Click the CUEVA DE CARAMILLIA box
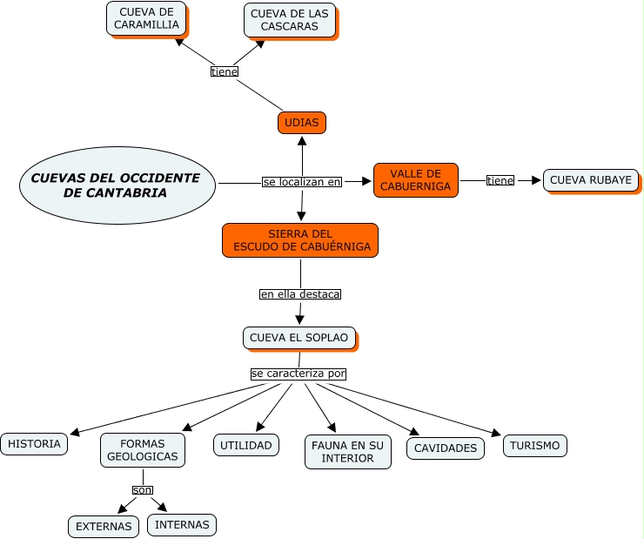146,18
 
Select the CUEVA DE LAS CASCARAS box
290,19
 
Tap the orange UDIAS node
301,123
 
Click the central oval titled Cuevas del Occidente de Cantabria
117,185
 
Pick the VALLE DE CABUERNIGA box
416,180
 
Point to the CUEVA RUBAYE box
590,180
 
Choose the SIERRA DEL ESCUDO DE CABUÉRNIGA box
300,240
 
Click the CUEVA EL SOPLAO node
299,338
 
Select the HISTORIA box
34,444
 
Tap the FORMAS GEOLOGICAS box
142,450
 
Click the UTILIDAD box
246,445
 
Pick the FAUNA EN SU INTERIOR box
347,452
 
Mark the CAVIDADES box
446,448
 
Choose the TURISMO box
534,446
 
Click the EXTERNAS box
104,526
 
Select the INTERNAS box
182,524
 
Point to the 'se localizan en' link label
302,182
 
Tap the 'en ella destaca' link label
300,294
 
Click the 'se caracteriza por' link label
299,374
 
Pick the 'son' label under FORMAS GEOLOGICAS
142,490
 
